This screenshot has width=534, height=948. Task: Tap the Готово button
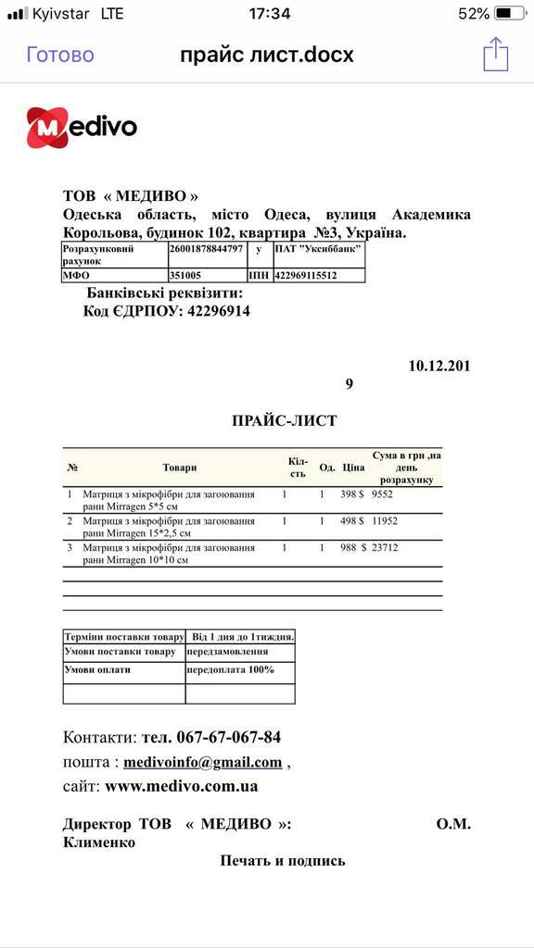pos(60,55)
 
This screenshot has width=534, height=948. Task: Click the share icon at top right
pos(496,54)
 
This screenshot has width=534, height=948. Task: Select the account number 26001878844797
pos(206,249)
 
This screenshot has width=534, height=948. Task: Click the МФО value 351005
pos(185,276)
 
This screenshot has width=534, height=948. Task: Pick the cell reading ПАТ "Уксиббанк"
pos(317,249)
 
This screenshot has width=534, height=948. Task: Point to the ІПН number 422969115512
pos(305,276)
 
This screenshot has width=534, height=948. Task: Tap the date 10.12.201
pos(439,366)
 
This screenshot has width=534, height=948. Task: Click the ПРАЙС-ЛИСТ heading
pos(284,421)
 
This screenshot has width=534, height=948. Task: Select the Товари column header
pos(180,468)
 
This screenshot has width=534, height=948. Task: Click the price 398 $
pos(353,495)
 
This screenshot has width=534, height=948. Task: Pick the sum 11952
pos(385,521)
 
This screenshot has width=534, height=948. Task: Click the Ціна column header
pos(353,468)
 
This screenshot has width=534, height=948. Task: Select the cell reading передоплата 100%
pos(230,669)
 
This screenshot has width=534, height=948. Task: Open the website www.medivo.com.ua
pos(181,787)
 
